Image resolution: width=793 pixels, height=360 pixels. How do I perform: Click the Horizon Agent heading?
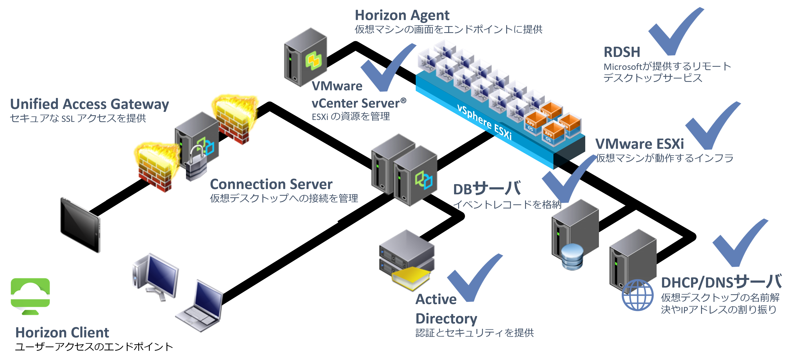[x=402, y=15]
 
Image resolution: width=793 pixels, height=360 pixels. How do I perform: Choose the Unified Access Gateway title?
[x=89, y=104]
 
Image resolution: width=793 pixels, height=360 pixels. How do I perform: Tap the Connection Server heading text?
[x=271, y=184]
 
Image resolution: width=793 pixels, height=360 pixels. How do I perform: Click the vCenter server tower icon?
[x=305, y=57]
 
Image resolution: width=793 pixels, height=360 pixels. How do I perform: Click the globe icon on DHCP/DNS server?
[x=637, y=295]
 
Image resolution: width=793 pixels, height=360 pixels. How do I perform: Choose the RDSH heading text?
[x=622, y=52]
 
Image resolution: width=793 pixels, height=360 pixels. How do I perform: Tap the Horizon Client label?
[x=62, y=333]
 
